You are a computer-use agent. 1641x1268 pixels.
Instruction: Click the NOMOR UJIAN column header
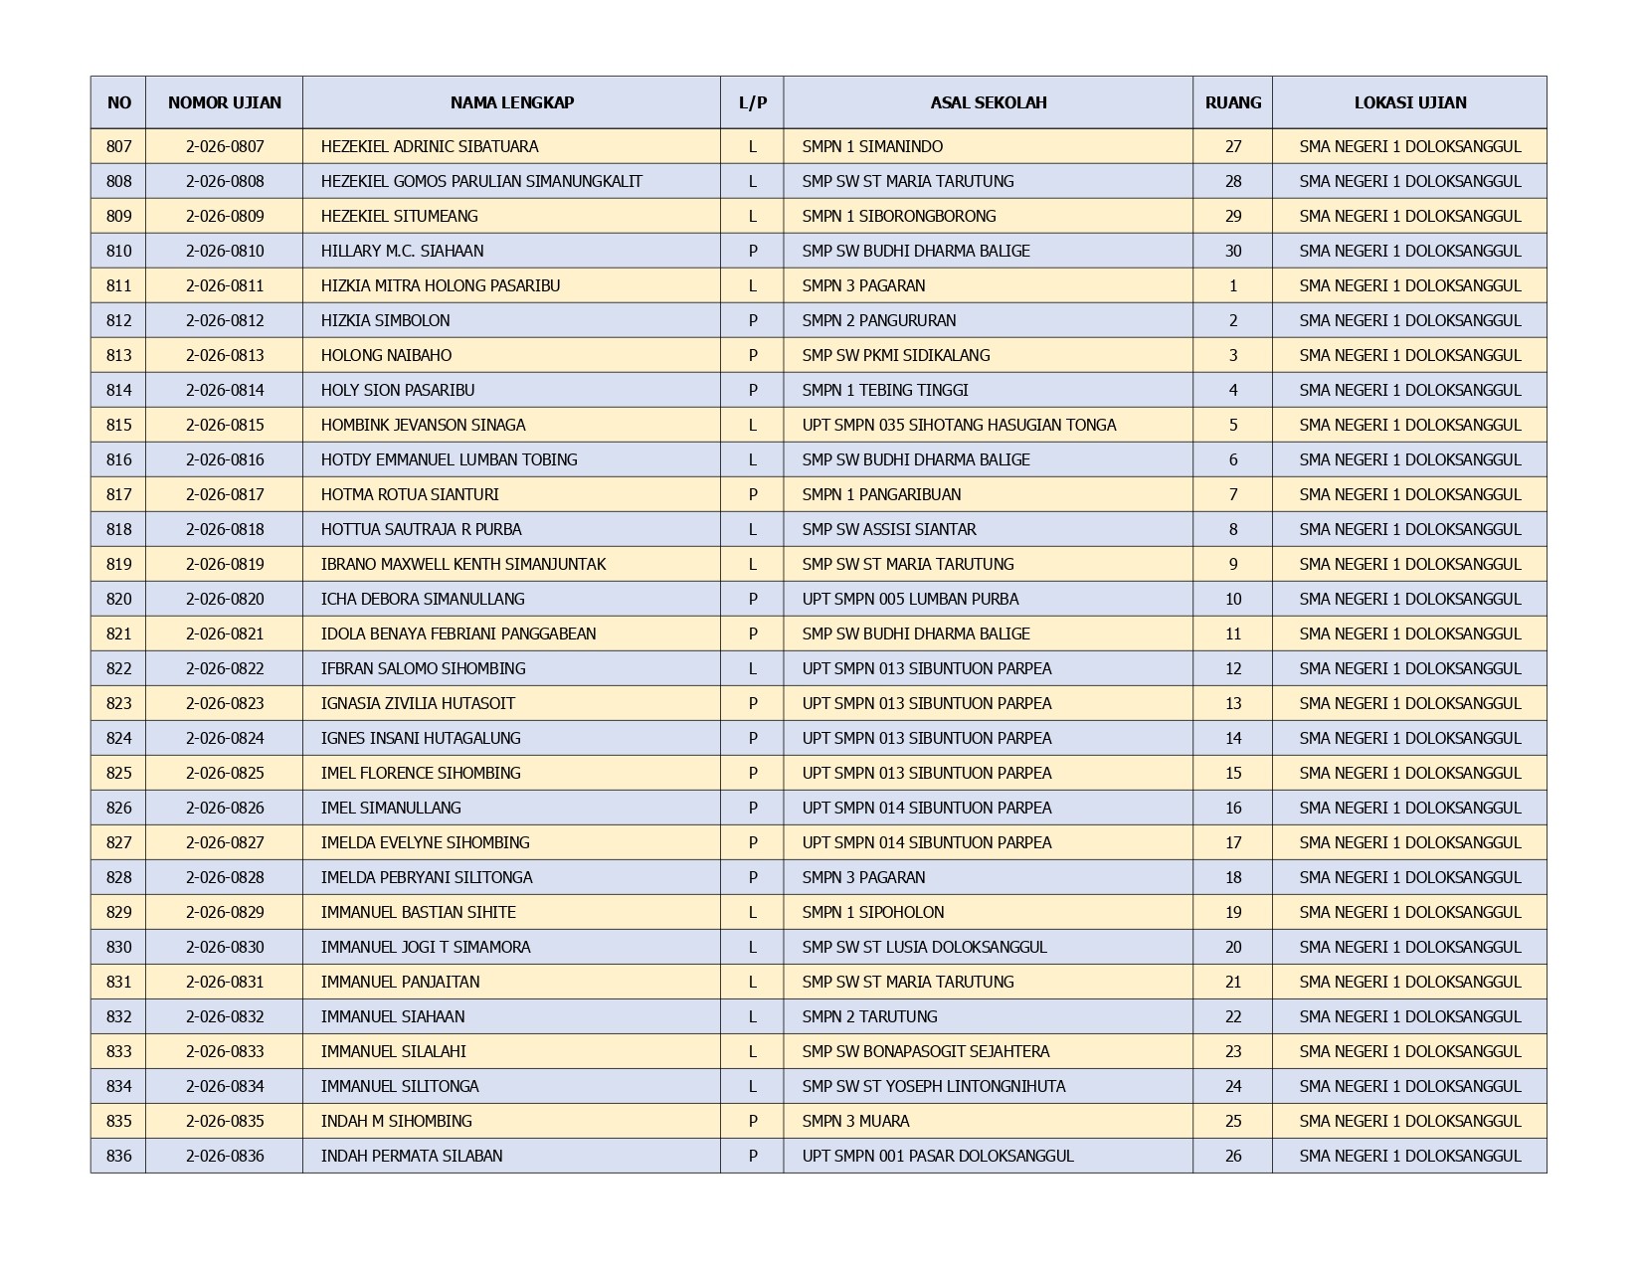tap(224, 102)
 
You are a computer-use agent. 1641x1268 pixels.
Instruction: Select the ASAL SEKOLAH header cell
tap(988, 102)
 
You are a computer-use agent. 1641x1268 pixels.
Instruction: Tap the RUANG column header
tap(1232, 102)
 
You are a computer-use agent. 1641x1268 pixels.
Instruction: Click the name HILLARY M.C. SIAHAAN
tap(402, 251)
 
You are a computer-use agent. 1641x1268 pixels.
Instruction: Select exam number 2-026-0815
tap(225, 425)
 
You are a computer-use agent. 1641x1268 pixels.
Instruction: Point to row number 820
tap(118, 599)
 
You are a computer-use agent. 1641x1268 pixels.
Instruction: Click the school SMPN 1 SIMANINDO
tap(872, 146)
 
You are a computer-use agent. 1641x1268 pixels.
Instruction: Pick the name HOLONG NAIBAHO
tap(386, 355)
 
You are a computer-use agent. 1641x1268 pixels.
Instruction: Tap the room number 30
tap(1232, 251)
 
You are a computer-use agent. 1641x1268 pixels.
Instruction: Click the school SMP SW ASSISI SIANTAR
tap(888, 529)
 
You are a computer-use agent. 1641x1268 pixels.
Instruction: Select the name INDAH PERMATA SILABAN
tap(411, 1156)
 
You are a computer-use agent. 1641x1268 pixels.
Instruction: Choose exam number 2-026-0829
tap(225, 912)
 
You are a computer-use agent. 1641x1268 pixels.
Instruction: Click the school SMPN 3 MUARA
tap(855, 1121)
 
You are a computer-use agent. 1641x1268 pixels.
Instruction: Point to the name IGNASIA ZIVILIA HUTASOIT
tap(418, 703)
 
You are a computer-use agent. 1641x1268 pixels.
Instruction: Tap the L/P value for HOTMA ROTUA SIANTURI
tap(752, 494)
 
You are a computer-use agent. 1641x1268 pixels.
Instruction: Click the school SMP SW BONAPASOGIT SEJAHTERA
tap(925, 1051)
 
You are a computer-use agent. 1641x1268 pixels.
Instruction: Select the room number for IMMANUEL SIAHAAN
tap(1232, 1016)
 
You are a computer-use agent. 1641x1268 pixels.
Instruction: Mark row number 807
tap(118, 146)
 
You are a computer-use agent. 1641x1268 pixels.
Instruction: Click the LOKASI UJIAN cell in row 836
tap(1409, 1156)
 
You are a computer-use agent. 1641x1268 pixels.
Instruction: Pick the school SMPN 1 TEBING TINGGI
tap(884, 390)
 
